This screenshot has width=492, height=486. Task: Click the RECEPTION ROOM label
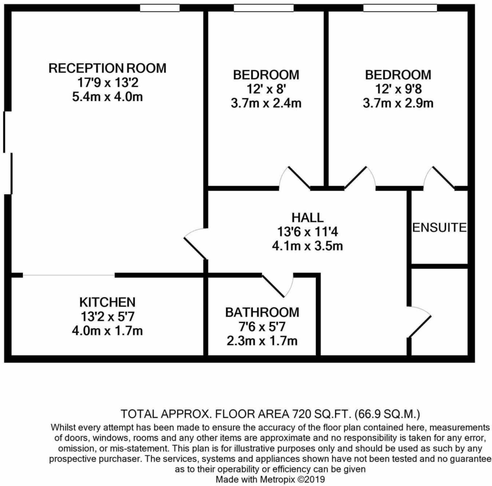107,68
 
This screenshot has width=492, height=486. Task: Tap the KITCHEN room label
107,302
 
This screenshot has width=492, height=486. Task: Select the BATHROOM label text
262,312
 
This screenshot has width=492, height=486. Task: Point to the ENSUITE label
439,228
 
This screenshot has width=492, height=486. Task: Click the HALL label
307,218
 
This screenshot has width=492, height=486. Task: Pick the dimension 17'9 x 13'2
108,82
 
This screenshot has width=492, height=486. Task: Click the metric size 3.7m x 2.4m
266,104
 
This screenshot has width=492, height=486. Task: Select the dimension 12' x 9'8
398,89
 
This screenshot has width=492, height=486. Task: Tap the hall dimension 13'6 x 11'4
307,232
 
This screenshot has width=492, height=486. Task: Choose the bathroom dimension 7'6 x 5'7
262,327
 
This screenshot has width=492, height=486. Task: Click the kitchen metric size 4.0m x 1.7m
107,331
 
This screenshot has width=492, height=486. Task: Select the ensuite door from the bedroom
439,177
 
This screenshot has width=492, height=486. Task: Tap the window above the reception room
160,8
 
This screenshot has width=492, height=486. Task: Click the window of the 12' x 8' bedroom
263,8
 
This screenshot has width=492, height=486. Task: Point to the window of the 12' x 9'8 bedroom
400,8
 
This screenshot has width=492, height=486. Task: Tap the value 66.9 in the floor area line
368,414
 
